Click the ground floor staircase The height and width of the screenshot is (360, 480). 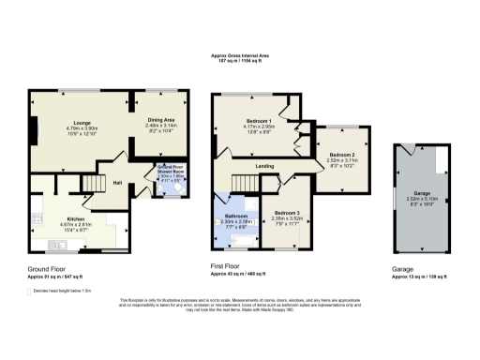(x=94, y=183)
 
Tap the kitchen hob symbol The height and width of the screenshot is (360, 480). (x=113, y=226)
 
